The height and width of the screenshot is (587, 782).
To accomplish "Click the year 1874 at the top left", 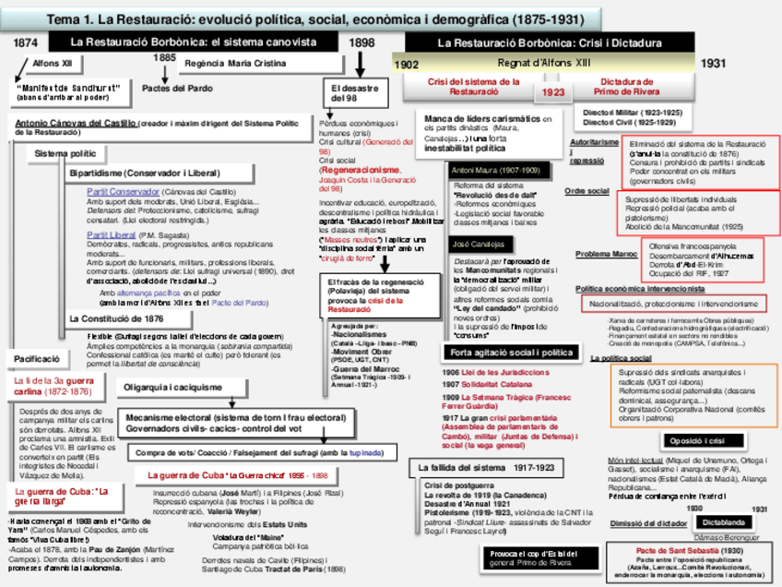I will click(26, 42).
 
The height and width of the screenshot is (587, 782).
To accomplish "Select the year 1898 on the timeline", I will click(361, 42).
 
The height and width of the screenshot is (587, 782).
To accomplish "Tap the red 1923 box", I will click(553, 92).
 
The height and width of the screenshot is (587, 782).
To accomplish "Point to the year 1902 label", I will click(407, 66).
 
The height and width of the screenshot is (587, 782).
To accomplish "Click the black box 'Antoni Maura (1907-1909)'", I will click(495, 171).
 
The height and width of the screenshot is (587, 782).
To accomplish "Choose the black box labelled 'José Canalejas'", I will click(479, 245).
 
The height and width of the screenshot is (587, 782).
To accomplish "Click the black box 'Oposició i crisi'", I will click(698, 440).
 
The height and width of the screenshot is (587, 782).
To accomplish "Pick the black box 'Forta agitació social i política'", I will click(513, 353).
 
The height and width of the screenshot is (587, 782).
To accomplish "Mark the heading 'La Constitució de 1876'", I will click(116, 318).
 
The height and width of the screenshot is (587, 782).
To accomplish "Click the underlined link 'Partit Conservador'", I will click(124, 191).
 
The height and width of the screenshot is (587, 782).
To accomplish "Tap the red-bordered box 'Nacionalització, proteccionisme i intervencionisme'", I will click(675, 304).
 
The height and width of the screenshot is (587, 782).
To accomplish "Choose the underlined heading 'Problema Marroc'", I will click(606, 254).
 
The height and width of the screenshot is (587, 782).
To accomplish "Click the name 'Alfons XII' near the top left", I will click(52, 65).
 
